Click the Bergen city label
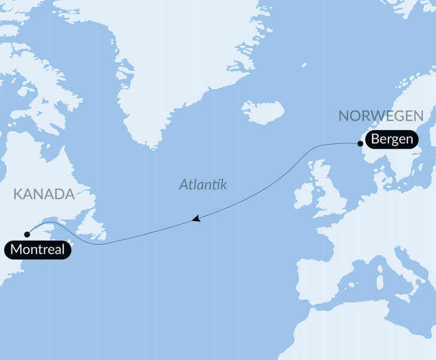click(392, 140)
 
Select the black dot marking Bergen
click(360, 143)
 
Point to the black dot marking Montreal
click(26, 235)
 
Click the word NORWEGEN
click(381, 116)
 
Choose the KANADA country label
click(43, 194)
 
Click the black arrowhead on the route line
click(196, 220)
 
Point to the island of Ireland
click(305, 196)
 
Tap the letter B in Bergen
click(375, 140)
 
